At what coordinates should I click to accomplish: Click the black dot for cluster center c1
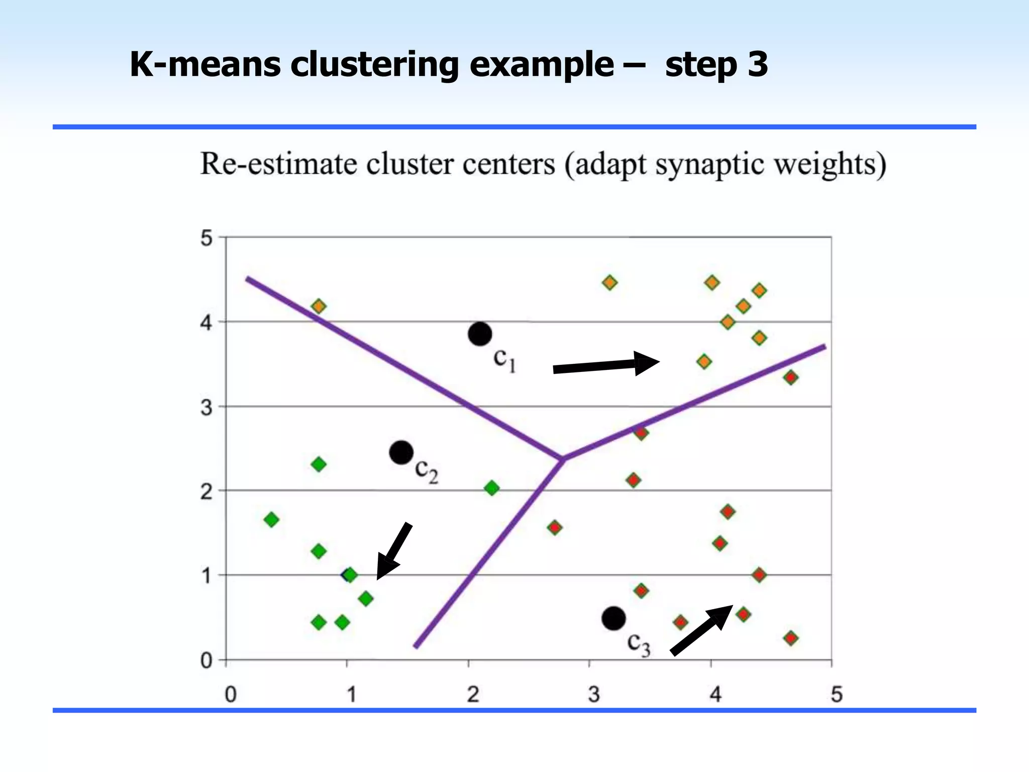(x=480, y=334)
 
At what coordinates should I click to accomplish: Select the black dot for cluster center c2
(x=401, y=453)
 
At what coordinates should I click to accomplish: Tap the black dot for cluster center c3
(x=613, y=618)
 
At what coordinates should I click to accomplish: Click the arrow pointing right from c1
(x=606, y=365)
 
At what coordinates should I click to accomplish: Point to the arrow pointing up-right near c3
(x=701, y=630)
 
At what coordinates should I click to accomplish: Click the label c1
(x=504, y=360)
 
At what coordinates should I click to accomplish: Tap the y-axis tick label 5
(x=207, y=238)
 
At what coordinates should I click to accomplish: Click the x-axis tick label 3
(x=594, y=695)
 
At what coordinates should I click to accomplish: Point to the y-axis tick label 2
(x=207, y=492)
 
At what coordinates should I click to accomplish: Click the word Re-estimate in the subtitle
(x=278, y=164)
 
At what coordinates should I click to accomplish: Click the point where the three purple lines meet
(x=562, y=458)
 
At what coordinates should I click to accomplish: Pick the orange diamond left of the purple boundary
(x=319, y=306)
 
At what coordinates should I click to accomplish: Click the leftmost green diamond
(x=271, y=520)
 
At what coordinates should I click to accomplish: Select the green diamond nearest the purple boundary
(x=492, y=488)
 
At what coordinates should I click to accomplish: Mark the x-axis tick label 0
(x=230, y=695)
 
